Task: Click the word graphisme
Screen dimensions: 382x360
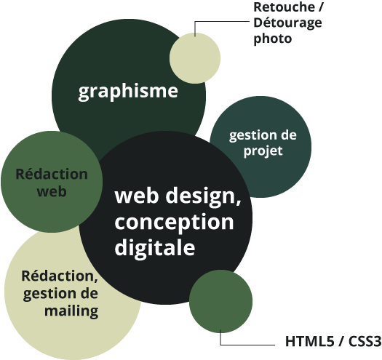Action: point(128,92)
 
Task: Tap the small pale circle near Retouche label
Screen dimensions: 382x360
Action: point(195,58)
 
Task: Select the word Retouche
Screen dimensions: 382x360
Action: point(284,7)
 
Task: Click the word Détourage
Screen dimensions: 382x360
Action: point(287,23)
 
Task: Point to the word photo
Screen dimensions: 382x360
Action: point(273,39)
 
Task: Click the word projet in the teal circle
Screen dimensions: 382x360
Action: point(263,151)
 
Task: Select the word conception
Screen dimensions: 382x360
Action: point(174,222)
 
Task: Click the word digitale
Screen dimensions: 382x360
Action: point(155,247)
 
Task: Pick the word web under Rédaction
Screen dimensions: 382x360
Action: point(52,191)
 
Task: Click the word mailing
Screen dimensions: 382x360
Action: point(71,311)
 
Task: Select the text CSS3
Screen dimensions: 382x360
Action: point(365,341)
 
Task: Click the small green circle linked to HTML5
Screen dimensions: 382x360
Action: point(220,302)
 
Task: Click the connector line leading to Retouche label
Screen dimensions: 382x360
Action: point(221,22)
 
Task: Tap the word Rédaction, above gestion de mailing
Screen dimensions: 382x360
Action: point(60,276)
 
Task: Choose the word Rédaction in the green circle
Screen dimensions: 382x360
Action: point(52,174)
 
